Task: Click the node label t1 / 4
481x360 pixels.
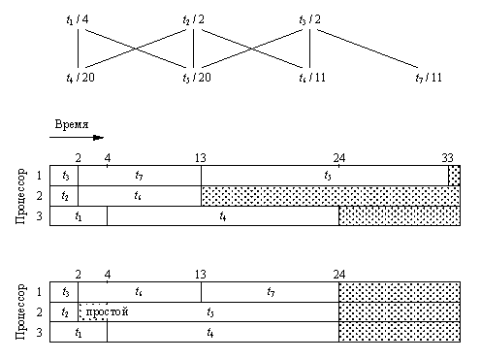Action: [76, 19]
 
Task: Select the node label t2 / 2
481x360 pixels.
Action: [194, 19]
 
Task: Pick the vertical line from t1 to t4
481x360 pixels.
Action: [75, 49]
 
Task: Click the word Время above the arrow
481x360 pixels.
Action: [72, 125]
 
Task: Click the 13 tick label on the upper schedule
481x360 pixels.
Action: [199, 158]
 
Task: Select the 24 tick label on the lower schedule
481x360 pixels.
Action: [339, 274]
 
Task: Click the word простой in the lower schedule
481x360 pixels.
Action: [107, 311]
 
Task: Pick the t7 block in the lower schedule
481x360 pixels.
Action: [271, 291]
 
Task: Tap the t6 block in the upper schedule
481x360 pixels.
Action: [140, 195]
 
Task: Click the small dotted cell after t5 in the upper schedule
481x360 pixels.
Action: [454, 176]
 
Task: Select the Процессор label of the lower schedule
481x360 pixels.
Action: [19, 311]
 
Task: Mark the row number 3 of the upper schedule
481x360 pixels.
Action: [41, 215]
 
